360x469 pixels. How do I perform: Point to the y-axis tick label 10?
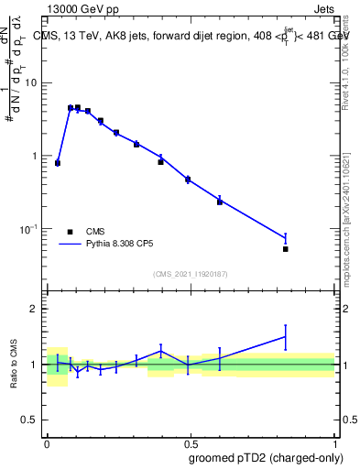pos(33,83)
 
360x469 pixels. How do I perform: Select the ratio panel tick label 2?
pos(37,309)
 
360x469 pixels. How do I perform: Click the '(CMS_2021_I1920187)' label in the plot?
pos(190,274)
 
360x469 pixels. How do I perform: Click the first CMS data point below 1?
pos(58,163)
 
